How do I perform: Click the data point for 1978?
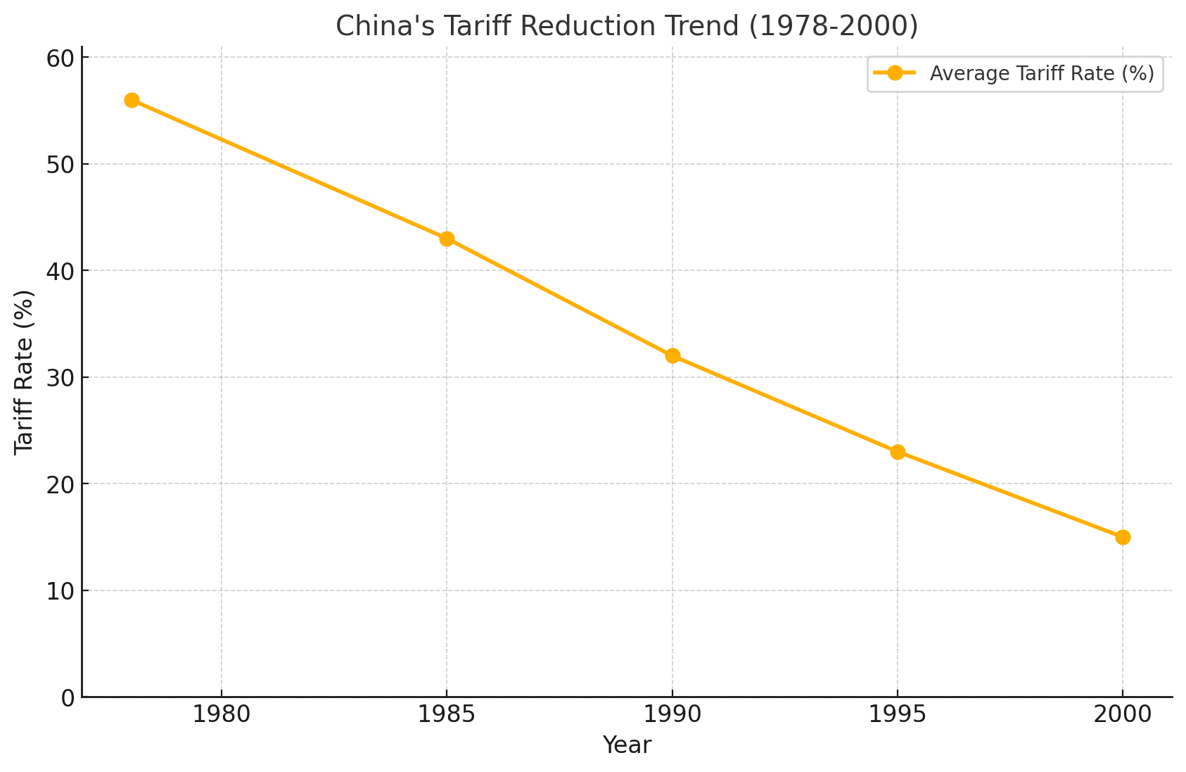pos(132,100)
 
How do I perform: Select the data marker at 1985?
pos(447,239)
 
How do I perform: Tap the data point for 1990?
pos(672,355)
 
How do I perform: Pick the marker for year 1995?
pos(898,452)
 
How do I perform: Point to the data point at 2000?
pos(1123,537)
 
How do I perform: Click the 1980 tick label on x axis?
pos(222,715)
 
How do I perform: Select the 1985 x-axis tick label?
pos(447,715)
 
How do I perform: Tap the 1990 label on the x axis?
pos(672,715)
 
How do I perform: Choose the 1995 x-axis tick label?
pos(898,715)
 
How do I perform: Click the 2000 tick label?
pos(1123,715)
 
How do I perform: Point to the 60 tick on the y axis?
pos(60,58)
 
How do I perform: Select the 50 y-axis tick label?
pos(60,165)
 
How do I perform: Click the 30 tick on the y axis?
pos(60,378)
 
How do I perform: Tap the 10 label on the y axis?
pos(60,591)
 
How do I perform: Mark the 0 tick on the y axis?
pos(68,697)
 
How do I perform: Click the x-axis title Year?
pos(627,745)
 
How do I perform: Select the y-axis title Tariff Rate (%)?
pos(24,372)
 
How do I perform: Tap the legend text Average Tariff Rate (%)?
pos(1042,74)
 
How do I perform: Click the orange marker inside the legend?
pos(894,73)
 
